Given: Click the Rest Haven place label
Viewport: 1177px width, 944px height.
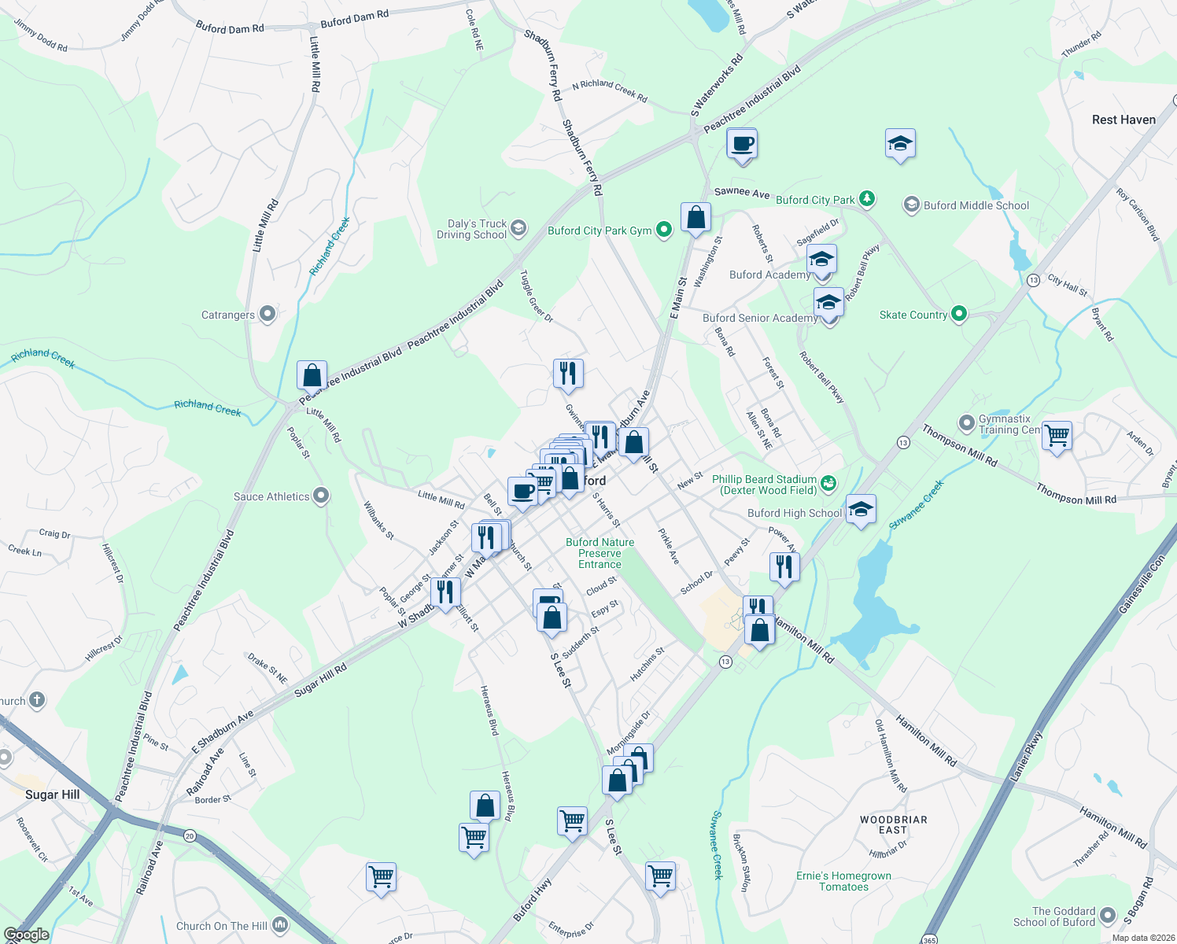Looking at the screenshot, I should coord(1123,120).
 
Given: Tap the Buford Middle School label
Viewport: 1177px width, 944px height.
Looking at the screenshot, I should coord(976,205).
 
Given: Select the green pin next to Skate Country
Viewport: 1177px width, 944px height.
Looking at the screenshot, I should coord(958,315).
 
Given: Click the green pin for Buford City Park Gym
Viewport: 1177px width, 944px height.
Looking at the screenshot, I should coord(664,230).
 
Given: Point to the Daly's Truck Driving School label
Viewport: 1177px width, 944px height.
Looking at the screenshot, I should coord(472,229).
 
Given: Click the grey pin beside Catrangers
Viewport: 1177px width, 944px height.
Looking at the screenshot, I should coord(267,315).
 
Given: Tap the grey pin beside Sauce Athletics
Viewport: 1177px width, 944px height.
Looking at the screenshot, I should coord(321,496).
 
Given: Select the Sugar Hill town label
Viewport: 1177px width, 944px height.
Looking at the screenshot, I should coord(53,795).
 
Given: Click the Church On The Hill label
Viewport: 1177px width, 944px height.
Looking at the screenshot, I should coord(222,926).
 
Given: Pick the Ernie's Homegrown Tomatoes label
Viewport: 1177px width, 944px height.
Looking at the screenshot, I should coord(843,881).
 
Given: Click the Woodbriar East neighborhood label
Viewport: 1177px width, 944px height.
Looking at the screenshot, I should coord(893,824).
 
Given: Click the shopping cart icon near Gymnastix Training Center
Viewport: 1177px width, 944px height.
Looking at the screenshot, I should coord(1057,434).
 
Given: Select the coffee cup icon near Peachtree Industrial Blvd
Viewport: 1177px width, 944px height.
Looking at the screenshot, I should coord(742,145).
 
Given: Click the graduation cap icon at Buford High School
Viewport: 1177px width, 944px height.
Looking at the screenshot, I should coord(861,510).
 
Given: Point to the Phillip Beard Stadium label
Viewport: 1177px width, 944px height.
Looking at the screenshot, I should coord(764,485).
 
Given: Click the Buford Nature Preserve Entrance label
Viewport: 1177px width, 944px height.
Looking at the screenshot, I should coord(600,553).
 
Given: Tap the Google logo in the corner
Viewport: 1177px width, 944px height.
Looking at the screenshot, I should coord(26,935).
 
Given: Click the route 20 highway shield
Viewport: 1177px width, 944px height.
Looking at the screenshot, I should coord(190,835).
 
